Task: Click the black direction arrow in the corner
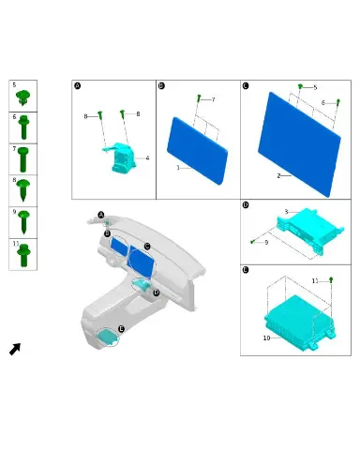tap(15, 349)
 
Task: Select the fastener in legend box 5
tap(23, 97)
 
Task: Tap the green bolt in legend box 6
tap(23, 127)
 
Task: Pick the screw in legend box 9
tap(23, 222)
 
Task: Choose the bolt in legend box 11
tap(23, 256)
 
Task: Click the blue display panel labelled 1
tap(198, 151)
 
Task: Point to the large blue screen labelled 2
tap(299, 144)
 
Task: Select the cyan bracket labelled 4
tap(120, 157)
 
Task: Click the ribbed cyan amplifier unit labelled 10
tap(299, 323)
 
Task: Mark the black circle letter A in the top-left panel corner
tap(78, 85)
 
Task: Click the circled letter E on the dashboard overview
tap(121, 329)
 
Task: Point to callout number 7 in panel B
tap(213, 99)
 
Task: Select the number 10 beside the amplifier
tap(266, 338)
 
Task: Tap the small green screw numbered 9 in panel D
tap(252, 241)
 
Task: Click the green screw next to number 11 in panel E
tap(331, 279)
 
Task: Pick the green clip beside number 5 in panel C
tap(300, 86)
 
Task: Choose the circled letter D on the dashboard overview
tap(157, 292)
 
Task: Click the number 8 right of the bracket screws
tap(138, 114)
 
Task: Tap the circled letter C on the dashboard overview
tap(147, 247)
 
